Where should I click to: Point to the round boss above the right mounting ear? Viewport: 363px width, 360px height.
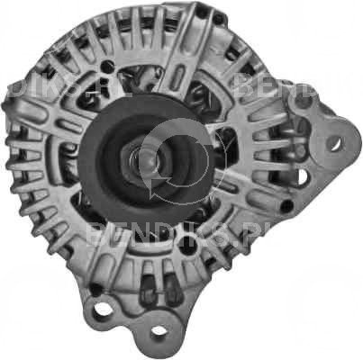(x=304, y=101)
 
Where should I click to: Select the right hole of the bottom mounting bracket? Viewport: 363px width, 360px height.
(x=159, y=331)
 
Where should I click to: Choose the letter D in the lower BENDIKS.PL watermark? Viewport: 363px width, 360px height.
(x=150, y=237)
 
